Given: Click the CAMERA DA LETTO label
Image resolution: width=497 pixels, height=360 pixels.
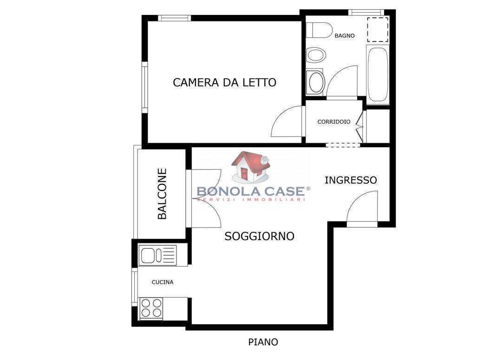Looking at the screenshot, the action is [x=224, y=82].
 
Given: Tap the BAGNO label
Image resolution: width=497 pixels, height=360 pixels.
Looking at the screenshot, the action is [x=345, y=36].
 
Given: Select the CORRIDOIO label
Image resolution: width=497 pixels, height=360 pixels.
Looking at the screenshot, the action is [x=334, y=122].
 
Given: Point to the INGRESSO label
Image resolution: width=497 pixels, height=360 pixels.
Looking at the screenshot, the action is [x=351, y=180].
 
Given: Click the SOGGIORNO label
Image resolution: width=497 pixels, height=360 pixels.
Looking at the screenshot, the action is [x=259, y=236].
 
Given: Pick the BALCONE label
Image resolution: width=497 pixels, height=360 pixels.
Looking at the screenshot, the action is [x=162, y=194].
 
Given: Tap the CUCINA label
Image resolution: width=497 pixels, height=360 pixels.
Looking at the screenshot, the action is [x=162, y=282].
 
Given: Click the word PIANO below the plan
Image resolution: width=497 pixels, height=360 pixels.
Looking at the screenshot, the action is [x=263, y=342].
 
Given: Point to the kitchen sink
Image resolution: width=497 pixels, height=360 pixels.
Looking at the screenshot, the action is [x=157, y=255].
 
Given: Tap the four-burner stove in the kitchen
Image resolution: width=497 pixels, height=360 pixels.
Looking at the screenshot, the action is [x=151, y=308].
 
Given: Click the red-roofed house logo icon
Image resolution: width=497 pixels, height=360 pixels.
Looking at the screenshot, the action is [x=251, y=167].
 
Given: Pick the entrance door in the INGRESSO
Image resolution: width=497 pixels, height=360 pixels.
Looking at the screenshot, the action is [x=362, y=209].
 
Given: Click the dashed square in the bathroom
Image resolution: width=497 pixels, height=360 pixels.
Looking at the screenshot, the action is [x=378, y=30].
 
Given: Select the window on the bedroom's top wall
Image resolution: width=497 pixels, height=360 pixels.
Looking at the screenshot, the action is [x=174, y=18].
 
